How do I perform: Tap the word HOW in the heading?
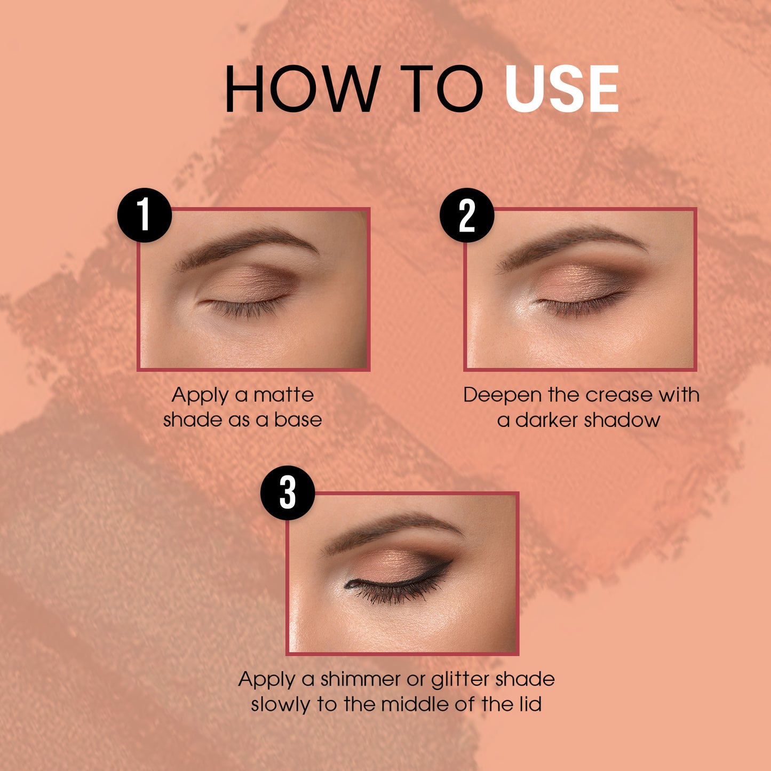pos(303,89)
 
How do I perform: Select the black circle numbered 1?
pos(145,215)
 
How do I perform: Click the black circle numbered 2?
pos(467,215)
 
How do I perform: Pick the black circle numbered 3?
pos(288,492)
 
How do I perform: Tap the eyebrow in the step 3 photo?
pos(392,530)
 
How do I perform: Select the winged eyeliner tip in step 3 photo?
pos(452,561)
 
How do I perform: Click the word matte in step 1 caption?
pos(284,395)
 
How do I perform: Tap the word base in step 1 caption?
pos(298,420)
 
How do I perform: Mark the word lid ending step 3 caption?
pos(531,704)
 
